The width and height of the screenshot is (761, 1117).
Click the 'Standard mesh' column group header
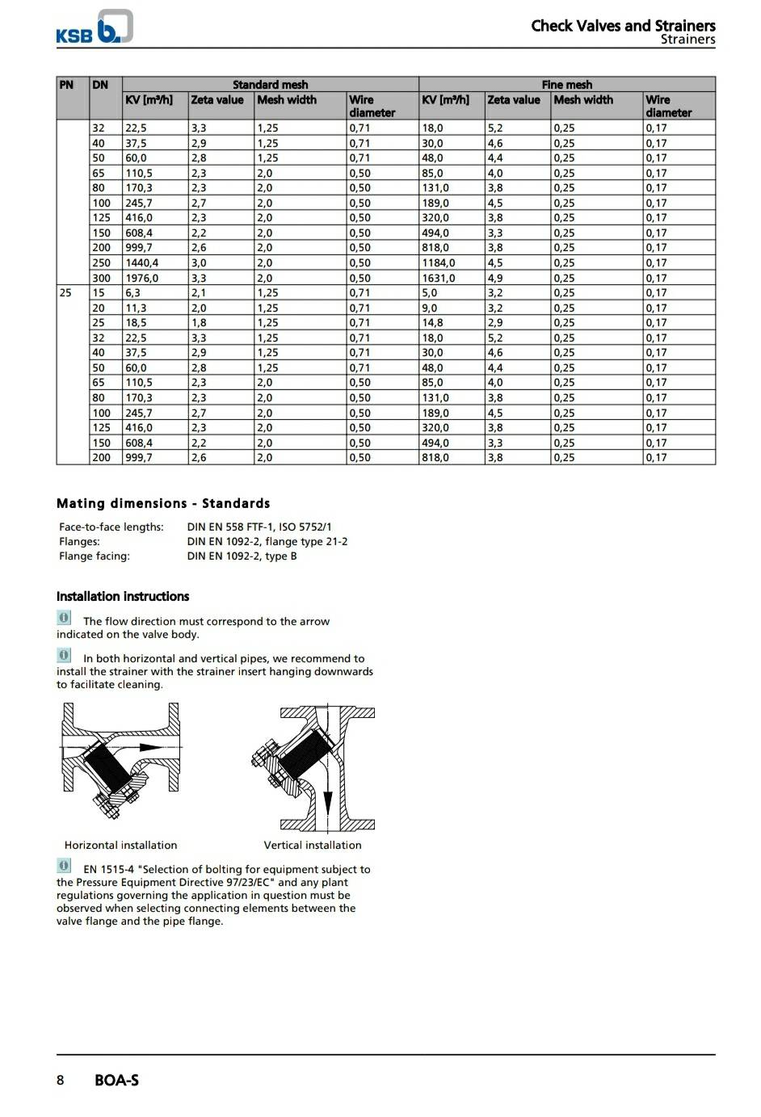pyautogui.click(x=270, y=84)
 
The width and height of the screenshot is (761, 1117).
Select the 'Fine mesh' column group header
pyautogui.click(x=566, y=84)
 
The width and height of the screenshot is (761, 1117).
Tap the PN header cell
pyautogui.click(x=66, y=84)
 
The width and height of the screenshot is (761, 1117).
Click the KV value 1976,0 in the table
pyautogui.click(x=141, y=278)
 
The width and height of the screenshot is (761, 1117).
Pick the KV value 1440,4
pyautogui.click(x=141, y=262)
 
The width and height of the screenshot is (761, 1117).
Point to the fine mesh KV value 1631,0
pyautogui.click(x=438, y=278)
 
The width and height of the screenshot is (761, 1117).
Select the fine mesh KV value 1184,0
pyautogui.click(x=438, y=262)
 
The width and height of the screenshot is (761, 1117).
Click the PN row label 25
pyautogui.click(x=65, y=292)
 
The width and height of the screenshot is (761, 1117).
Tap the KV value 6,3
pyautogui.click(x=132, y=292)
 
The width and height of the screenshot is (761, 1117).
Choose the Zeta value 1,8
pyautogui.click(x=198, y=322)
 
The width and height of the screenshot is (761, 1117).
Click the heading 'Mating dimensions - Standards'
pyautogui.click(x=163, y=503)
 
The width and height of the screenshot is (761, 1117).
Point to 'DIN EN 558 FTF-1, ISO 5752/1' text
pyautogui.click(x=259, y=527)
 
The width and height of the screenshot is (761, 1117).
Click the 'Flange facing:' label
pyautogui.click(x=95, y=556)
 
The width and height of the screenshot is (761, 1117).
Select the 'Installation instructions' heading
pyautogui.click(x=123, y=596)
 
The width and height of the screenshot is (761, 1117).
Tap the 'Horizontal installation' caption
pyautogui.click(x=120, y=845)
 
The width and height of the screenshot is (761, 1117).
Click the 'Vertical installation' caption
pyautogui.click(x=313, y=845)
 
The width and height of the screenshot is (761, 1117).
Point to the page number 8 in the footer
pyautogui.click(x=60, y=1080)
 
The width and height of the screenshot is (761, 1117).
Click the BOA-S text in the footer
pyautogui.click(x=116, y=1080)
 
